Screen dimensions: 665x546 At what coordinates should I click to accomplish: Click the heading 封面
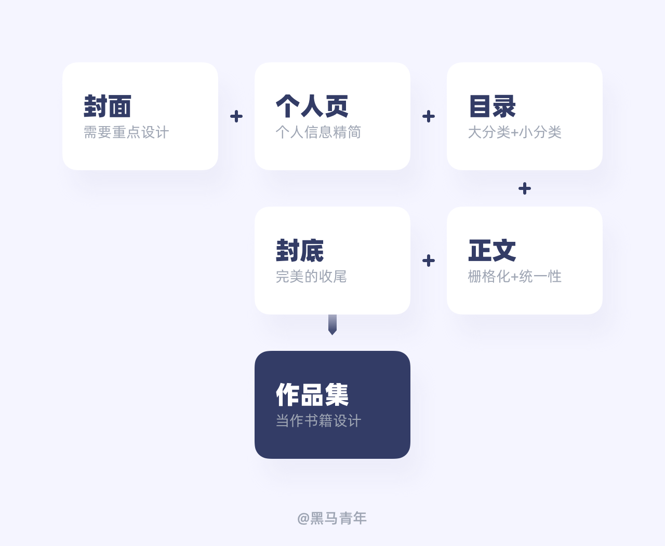(108, 106)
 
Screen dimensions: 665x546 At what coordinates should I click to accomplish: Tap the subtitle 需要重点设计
(126, 132)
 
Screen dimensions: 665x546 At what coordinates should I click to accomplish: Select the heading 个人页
(312, 106)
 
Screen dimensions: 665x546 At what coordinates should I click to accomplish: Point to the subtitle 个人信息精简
(318, 132)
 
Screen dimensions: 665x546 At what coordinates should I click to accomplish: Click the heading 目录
(492, 106)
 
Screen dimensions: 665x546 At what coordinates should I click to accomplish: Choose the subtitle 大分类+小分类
(514, 132)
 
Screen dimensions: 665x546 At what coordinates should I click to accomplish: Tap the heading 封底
(300, 251)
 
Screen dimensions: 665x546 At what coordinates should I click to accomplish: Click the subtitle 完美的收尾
(311, 277)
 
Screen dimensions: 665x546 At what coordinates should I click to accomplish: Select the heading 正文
(492, 251)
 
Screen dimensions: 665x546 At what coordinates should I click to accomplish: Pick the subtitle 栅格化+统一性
(514, 277)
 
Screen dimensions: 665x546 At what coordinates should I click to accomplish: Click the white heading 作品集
(312, 395)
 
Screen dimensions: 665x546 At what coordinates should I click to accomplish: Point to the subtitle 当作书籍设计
(318, 421)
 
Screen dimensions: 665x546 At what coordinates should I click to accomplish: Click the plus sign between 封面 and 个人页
(236, 116)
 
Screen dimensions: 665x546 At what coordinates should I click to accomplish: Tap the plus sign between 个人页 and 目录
(429, 116)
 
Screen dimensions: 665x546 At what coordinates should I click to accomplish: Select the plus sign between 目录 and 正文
(525, 188)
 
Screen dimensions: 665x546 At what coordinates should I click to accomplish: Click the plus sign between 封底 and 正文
(429, 261)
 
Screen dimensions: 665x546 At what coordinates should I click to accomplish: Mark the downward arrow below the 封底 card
(332, 325)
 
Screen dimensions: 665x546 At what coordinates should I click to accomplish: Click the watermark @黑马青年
(332, 518)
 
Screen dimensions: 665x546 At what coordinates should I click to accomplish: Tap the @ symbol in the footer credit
(303, 518)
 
